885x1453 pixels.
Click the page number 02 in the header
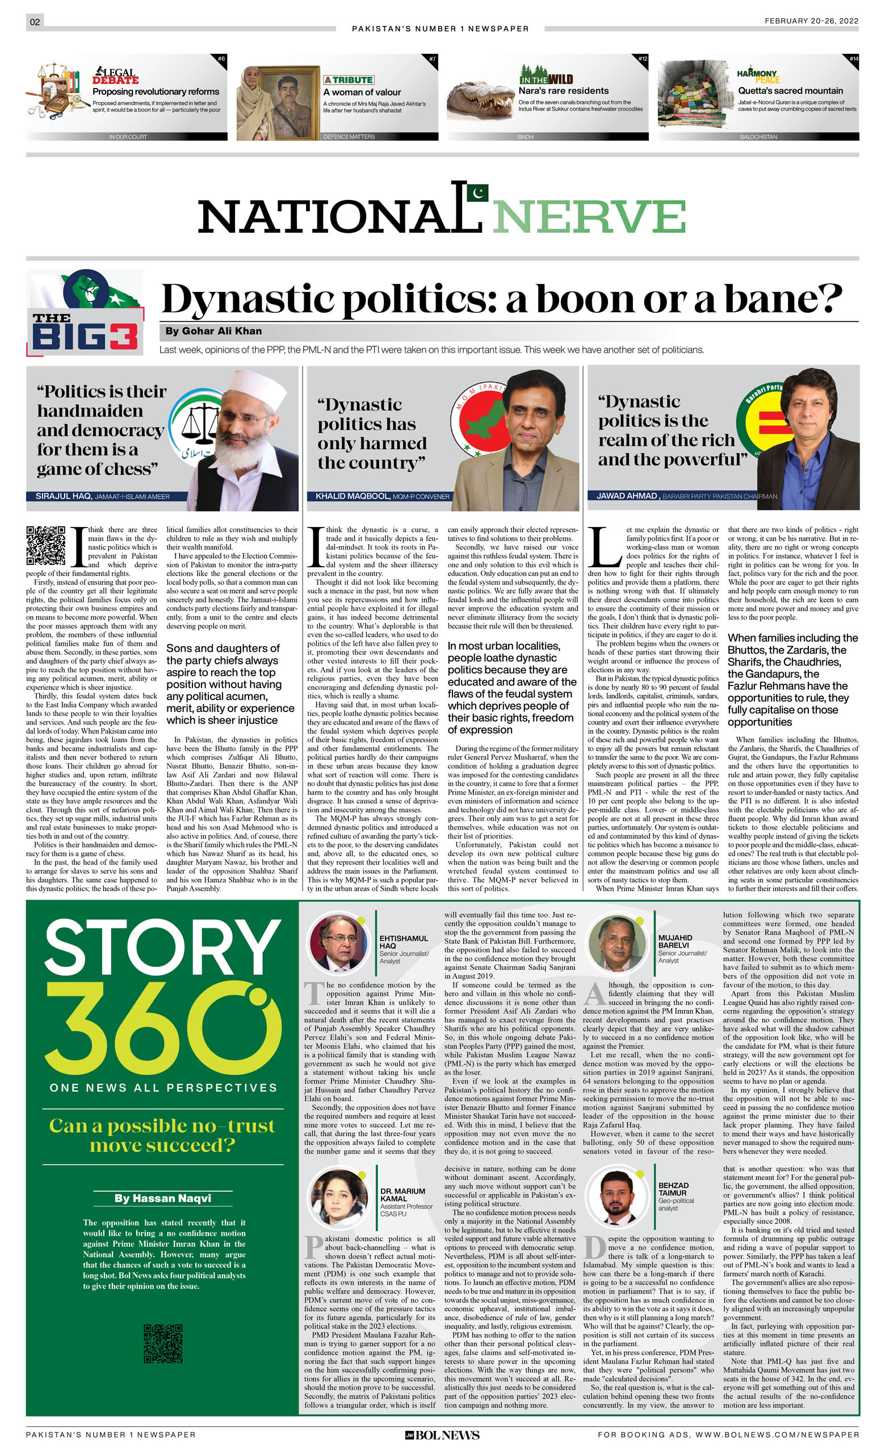tap(35, 22)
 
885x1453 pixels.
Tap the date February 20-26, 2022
tap(811, 20)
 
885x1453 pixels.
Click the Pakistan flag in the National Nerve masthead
tap(478, 192)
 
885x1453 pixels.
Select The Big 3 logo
tap(85, 312)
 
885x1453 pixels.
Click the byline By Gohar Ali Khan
tap(213, 332)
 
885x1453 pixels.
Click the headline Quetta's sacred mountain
tap(790, 91)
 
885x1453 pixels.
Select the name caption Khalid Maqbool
tap(348, 496)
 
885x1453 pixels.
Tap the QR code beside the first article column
tap(45, 545)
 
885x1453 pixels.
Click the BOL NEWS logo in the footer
tap(442, 1435)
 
